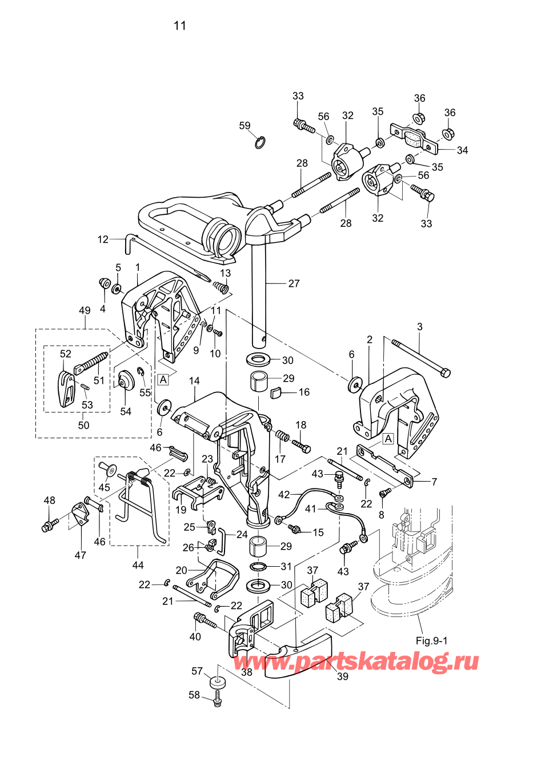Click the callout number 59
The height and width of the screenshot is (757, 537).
pyautogui.click(x=245, y=126)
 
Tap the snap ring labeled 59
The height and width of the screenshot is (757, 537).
pyautogui.click(x=260, y=142)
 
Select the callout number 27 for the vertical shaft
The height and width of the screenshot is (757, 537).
pyautogui.click(x=294, y=283)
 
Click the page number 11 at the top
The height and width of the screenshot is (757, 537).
pyautogui.click(x=180, y=26)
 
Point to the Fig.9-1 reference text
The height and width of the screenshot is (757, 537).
pyautogui.click(x=431, y=640)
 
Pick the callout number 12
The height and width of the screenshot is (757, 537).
pyautogui.click(x=103, y=239)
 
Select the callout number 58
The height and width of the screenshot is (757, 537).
pyautogui.click(x=194, y=695)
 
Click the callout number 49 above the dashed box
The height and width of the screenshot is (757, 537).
pyautogui.click(x=85, y=311)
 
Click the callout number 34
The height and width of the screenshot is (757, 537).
pyautogui.click(x=462, y=150)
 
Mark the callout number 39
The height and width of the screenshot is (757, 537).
pyautogui.click(x=342, y=676)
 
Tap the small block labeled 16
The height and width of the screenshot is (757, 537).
pyautogui.click(x=276, y=392)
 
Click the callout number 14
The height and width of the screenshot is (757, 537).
pyautogui.click(x=194, y=380)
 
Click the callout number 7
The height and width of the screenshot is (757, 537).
pyautogui.click(x=434, y=482)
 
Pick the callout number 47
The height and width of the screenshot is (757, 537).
pyautogui.click(x=81, y=555)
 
